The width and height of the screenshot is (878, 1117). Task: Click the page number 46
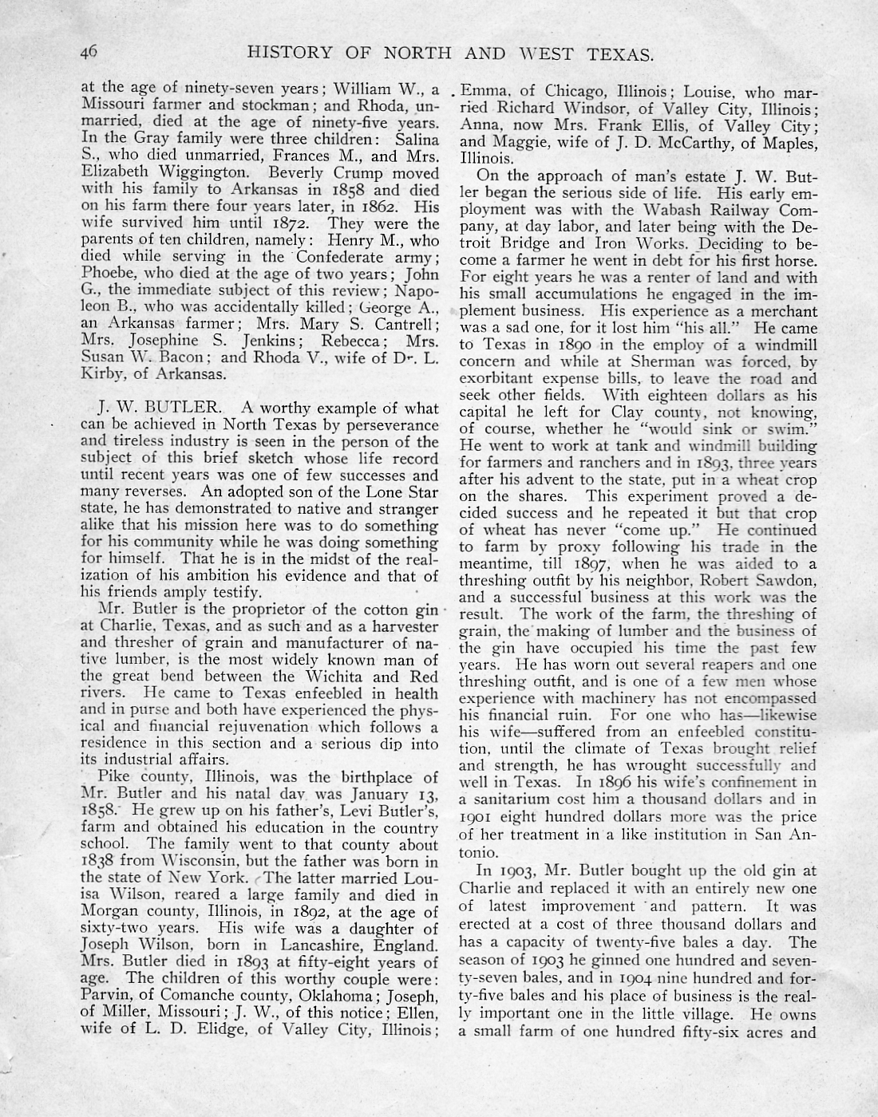pos(89,53)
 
